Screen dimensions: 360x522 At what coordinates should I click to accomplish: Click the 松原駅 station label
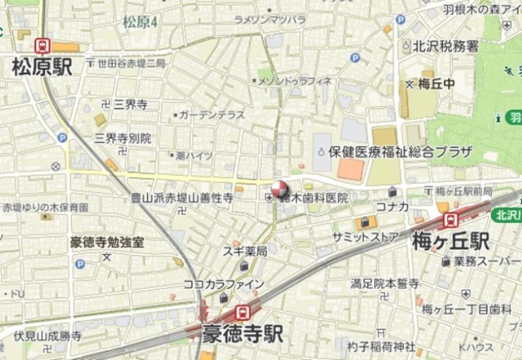pyautogui.click(x=41, y=67)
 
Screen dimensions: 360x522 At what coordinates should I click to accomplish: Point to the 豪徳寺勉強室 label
pyautogui.click(x=107, y=242)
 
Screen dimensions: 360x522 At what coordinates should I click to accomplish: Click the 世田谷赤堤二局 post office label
pyautogui.click(x=131, y=63)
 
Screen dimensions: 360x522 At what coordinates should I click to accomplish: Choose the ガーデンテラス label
pyautogui.click(x=211, y=115)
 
